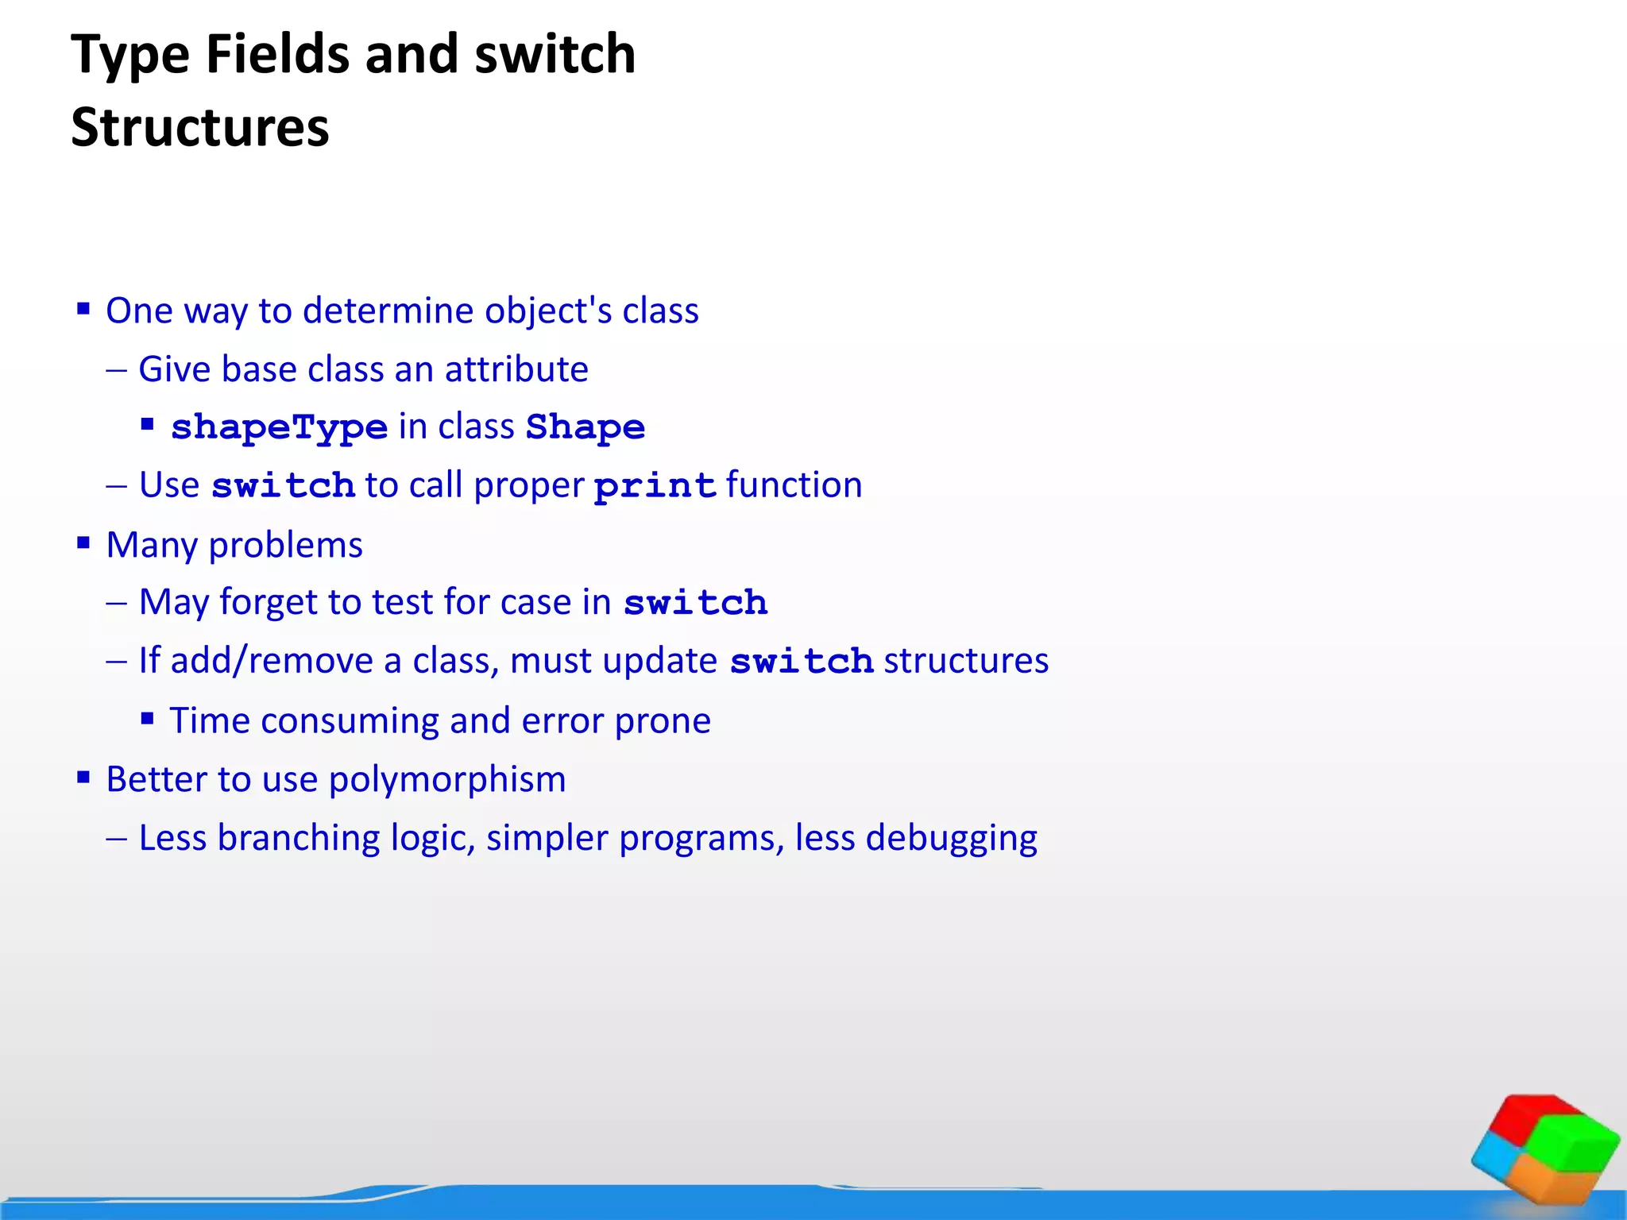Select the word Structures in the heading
[x=200, y=127]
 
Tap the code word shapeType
[x=280, y=427]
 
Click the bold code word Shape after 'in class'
[x=585, y=427]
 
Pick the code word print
[x=655, y=485]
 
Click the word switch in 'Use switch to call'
[x=283, y=485]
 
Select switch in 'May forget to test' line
[x=695, y=603]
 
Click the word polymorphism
[x=447, y=779]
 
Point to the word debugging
[x=951, y=838]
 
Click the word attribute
[x=516, y=369]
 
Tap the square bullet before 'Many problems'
[x=83, y=543]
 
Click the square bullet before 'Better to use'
[x=83, y=777]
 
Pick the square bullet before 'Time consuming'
[x=147, y=719]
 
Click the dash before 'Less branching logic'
[x=116, y=839]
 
